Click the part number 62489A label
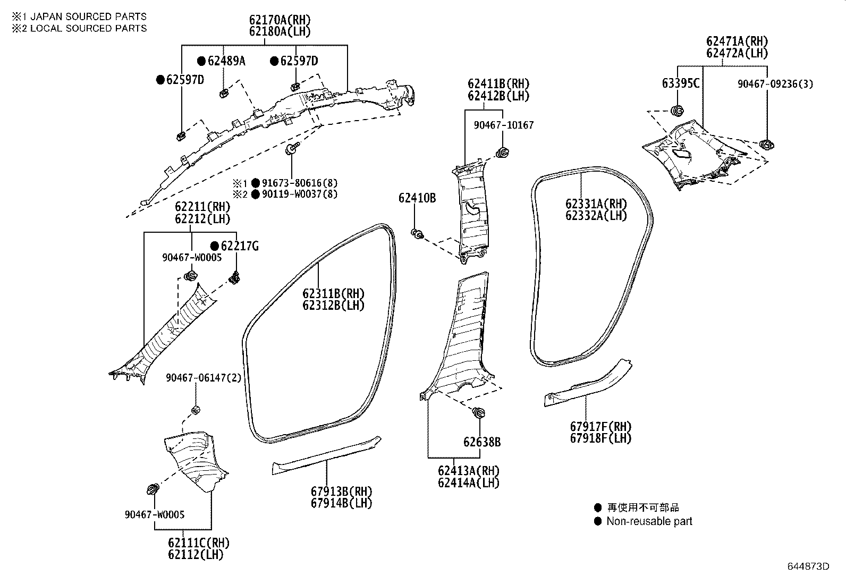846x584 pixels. [x=226, y=61]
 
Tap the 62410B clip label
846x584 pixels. [x=417, y=198]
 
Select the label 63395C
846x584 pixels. [x=681, y=83]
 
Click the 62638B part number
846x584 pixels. [x=481, y=442]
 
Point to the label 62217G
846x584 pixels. [x=240, y=246]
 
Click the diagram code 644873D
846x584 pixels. [x=808, y=565]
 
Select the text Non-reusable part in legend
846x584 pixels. [x=649, y=521]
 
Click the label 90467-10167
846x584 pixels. [x=503, y=125]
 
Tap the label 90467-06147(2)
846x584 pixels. [x=204, y=378]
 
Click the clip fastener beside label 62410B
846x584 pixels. [x=418, y=233]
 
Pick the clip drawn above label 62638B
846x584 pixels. [x=478, y=413]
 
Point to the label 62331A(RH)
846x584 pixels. [x=596, y=204]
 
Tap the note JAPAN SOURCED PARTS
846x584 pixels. [x=88, y=16]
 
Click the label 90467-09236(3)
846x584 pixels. [x=775, y=83]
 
